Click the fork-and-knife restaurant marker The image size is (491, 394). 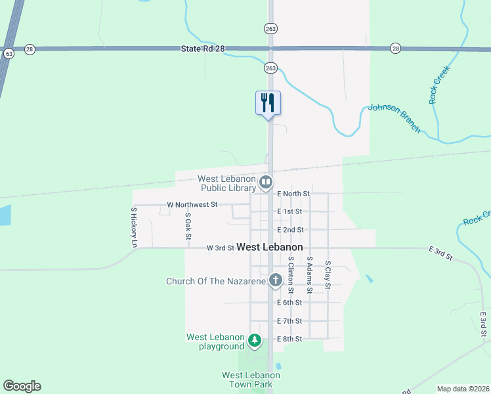[x=268, y=103]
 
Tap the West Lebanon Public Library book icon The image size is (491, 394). [x=266, y=182]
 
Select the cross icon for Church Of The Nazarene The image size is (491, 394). [x=276, y=280]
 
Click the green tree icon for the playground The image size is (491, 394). [x=255, y=341]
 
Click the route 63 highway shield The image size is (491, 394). [x=9, y=53]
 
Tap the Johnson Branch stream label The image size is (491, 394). [x=394, y=118]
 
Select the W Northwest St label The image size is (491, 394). [x=192, y=205]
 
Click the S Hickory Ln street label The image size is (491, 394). [x=134, y=227]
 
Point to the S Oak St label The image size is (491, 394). [x=188, y=226]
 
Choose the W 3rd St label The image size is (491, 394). [x=221, y=248]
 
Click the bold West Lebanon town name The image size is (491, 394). [x=270, y=248]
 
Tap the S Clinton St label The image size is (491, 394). [x=291, y=275]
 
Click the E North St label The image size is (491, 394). [x=293, y=194]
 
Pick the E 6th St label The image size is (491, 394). [x=289, y=303]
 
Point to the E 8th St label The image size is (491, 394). [x=289, y=339]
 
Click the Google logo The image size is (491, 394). [x=22, y=386]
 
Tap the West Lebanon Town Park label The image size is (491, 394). [x=251, y=380]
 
